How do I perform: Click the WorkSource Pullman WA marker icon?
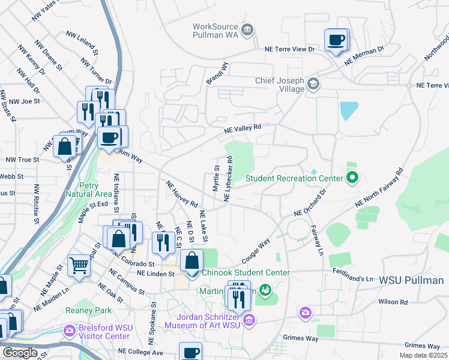pos(247,29)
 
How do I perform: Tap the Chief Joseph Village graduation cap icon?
pos(312,83)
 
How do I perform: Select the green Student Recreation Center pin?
pos(352,178)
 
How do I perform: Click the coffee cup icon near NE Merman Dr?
pos(336,40)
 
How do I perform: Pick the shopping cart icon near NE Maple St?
pos(79,265)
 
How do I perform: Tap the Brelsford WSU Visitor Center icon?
pos(70,330)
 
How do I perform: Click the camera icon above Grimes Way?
pos(306,313)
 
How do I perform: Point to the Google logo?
pos(19,353)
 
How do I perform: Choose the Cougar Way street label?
pos(256,249)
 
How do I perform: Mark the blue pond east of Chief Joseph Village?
pos(349,110)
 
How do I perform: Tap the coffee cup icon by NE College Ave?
pos(191,353)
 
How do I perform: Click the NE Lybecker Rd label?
pos(229,179)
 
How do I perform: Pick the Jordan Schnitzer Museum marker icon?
pos(249,319)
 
